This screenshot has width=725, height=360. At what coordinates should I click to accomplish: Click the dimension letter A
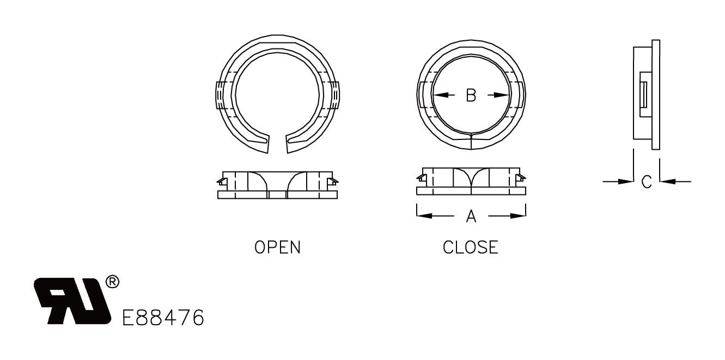471,217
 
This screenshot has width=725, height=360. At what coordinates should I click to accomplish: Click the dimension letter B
471,95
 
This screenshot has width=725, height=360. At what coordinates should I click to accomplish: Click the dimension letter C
647,182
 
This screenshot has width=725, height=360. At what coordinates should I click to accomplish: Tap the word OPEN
277,247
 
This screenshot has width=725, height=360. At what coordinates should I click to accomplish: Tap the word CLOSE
471,247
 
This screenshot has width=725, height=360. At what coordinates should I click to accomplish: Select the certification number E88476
163,317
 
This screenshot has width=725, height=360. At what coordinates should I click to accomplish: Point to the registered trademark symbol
112,282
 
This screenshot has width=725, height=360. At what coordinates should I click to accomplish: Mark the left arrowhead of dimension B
438,95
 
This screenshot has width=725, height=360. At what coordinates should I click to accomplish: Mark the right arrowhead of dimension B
504,95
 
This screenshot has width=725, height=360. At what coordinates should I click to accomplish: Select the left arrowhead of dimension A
422,216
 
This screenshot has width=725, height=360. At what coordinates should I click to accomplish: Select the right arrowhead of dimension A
520,216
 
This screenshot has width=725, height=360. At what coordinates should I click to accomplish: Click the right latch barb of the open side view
333,180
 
